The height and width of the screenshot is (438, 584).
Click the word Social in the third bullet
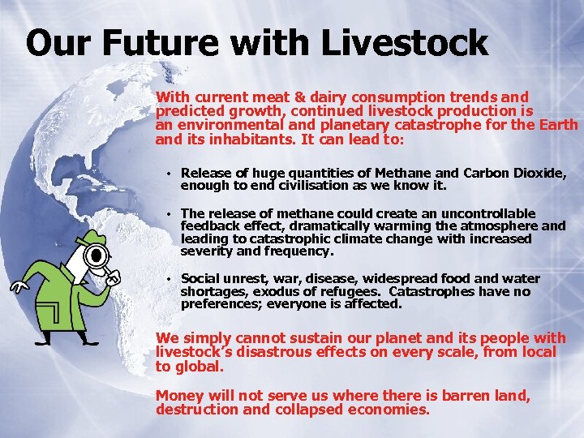(201, 279)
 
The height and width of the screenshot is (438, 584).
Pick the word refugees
(359, 292)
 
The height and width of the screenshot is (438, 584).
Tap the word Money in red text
(179, 396)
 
